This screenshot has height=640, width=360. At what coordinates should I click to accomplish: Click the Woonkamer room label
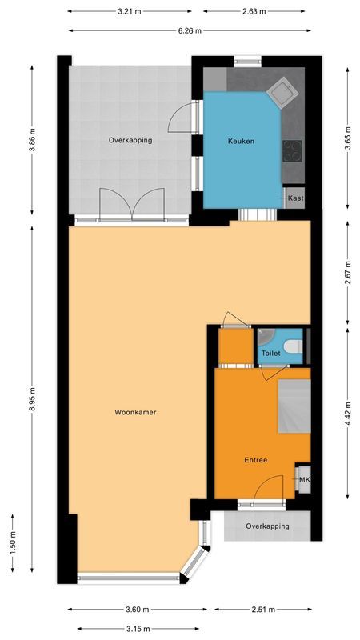point(134,413)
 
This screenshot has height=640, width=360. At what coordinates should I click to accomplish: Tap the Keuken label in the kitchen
point(242,142)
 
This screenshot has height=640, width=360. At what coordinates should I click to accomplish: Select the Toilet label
point(270,352)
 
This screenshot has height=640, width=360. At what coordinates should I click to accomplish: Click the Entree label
point(255,460)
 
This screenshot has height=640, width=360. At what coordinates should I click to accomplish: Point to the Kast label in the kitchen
point(294,198)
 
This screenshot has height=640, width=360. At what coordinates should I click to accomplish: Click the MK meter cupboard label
point(303,479)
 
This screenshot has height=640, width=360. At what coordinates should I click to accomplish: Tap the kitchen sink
point(281,92)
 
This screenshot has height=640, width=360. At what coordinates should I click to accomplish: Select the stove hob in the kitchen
point(293,150)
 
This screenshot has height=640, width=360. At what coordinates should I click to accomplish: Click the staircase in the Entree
point(293,406)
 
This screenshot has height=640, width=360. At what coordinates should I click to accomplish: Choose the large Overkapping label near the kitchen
point(130,140)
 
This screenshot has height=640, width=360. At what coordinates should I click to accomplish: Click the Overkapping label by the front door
point(266,526)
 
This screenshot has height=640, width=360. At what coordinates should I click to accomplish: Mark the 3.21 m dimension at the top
point(130,12)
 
